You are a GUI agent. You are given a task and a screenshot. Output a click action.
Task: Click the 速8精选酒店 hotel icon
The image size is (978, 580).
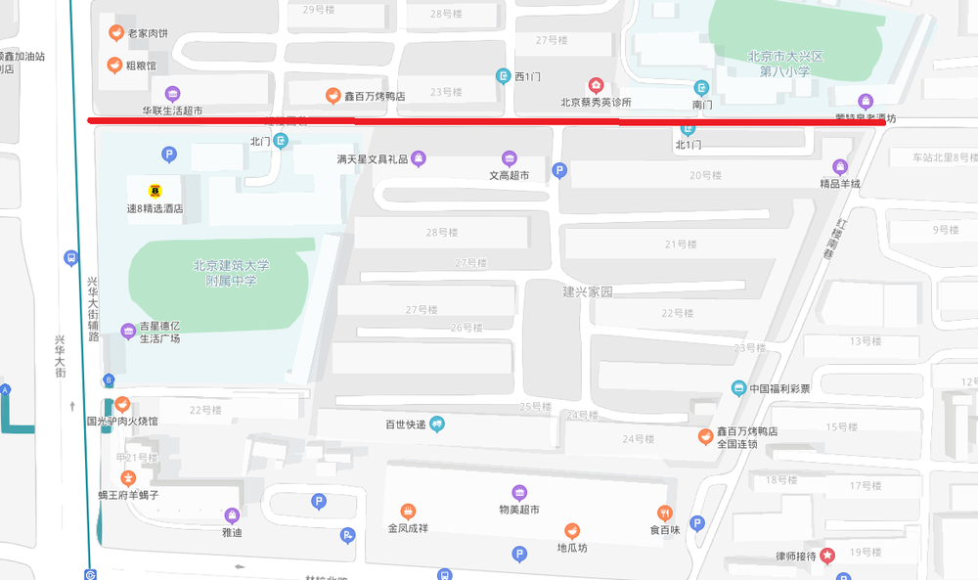point(155,190)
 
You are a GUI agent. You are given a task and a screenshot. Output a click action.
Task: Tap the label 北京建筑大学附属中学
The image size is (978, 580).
point(231,272)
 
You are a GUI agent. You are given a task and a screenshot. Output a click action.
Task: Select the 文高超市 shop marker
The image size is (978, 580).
point(509,158)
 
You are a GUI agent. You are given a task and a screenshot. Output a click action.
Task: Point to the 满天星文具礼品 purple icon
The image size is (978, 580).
point(418,158)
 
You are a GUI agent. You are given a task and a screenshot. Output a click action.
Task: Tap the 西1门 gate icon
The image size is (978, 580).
point(503,76)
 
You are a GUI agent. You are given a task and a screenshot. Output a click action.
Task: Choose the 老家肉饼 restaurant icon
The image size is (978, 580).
point(116,33)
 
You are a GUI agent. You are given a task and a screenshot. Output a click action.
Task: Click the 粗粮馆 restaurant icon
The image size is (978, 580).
point(114,66)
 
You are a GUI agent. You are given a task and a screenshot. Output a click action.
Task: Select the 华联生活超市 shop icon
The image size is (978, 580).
point(172,94)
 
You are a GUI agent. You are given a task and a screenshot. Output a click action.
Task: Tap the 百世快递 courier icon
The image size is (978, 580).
point(437,424)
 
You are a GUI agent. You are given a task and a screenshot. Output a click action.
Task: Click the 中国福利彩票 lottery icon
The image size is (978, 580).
point(739,387)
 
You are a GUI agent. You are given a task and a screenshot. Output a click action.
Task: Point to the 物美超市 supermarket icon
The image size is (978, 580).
point(519,492)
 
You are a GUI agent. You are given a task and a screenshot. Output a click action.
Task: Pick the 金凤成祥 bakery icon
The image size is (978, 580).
point(408,511)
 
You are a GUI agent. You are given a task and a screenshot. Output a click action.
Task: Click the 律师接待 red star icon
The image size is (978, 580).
point(828,556)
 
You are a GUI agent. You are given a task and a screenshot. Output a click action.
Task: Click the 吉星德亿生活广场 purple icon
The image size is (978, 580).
point(128,332)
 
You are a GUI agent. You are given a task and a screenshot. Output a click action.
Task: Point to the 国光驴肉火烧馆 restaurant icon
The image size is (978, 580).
point(121,404)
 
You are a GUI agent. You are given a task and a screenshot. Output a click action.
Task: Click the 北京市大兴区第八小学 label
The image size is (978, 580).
point(785,64)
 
